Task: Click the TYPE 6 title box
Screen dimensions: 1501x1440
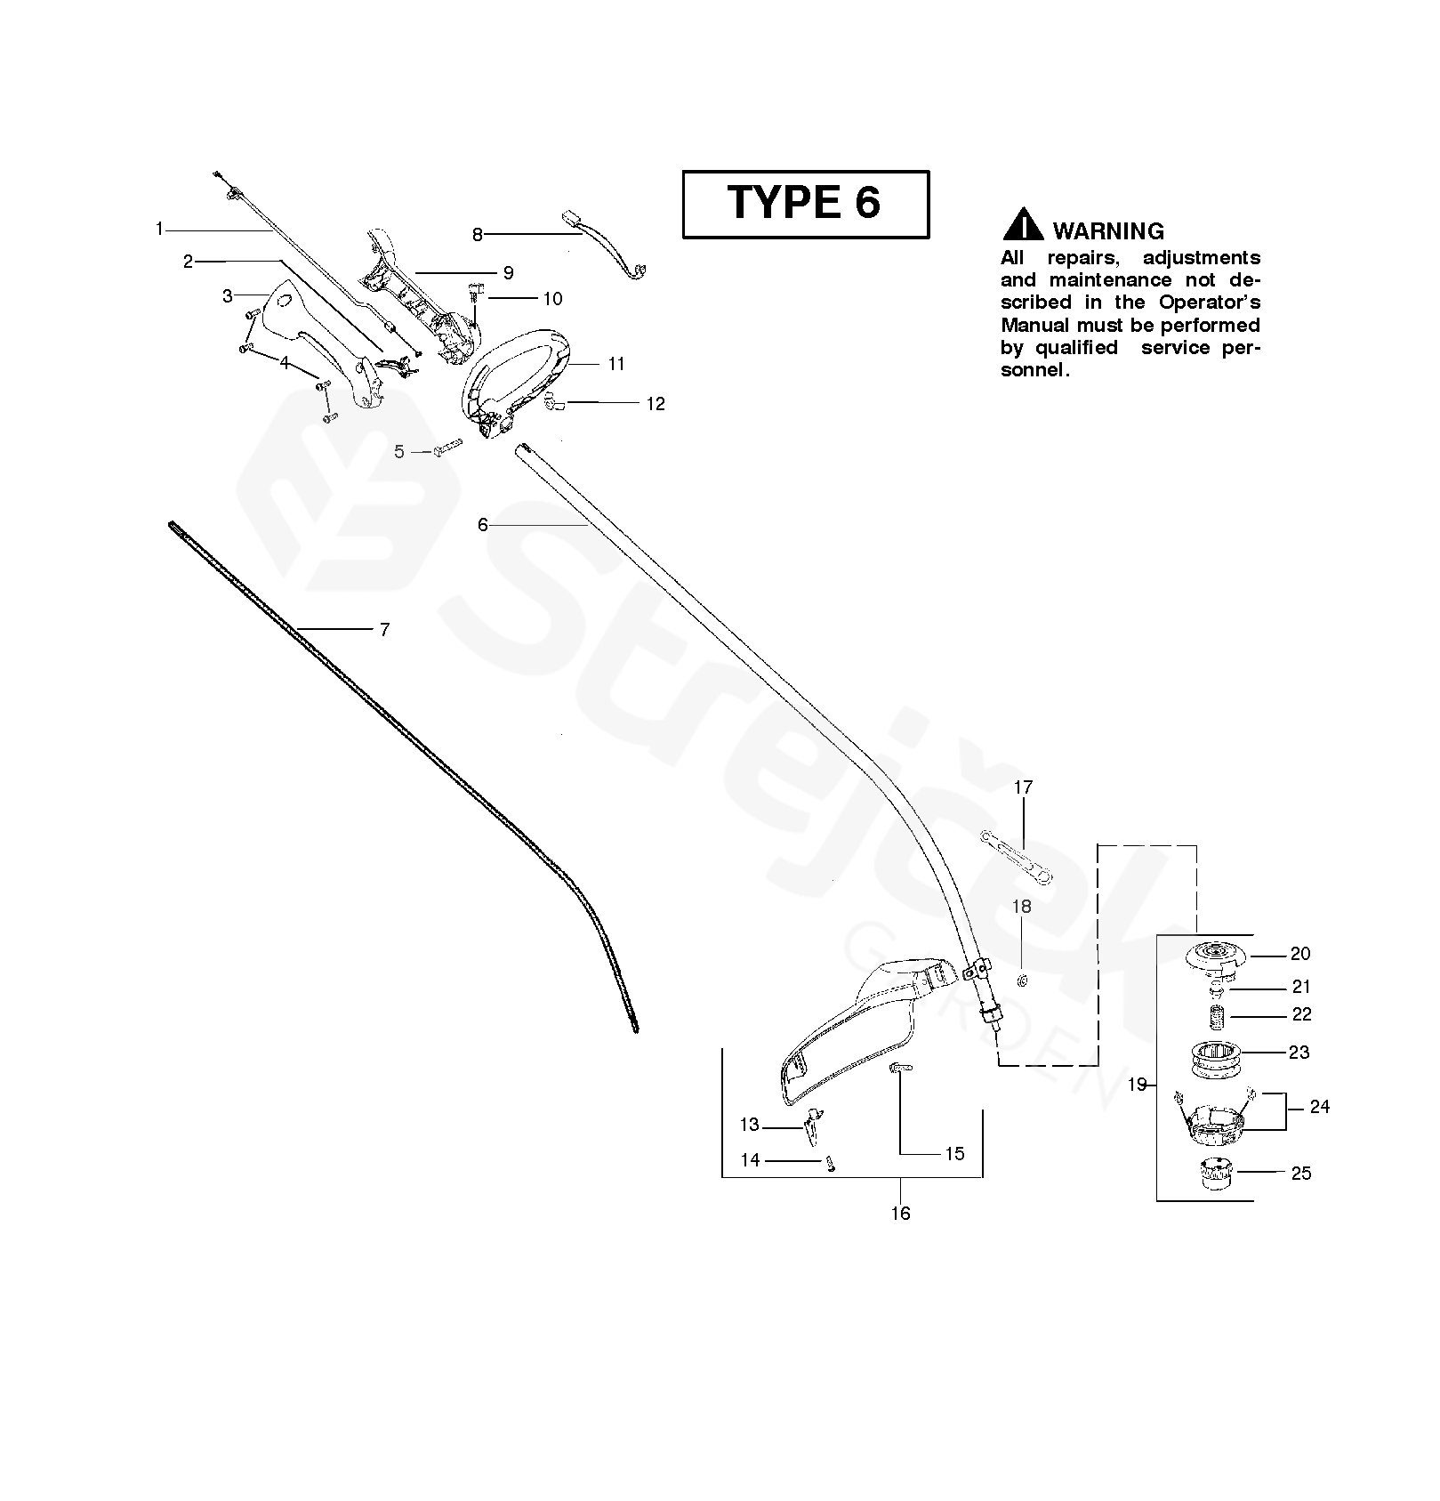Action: [805, 204]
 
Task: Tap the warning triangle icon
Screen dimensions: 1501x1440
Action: [1023, 224]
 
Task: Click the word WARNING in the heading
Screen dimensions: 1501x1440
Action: [1108, 231]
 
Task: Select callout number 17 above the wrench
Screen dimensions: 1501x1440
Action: [1023, 787]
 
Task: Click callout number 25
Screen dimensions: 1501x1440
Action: [1300, 1174]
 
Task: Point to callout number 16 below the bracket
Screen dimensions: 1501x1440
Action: [900, 1213]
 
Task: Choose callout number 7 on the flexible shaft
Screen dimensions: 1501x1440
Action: [384, 630]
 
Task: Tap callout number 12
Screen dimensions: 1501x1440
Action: [655, 404]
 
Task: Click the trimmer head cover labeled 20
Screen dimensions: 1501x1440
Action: [1217, 956]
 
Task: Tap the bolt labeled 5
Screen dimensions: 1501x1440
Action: [447, 448]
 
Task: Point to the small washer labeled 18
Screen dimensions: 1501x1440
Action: [1022, 980]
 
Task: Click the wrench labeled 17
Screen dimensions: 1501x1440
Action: [1016, 858]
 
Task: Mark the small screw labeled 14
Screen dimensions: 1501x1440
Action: [830, 1164]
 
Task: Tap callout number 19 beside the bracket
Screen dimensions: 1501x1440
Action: [1137, 1085]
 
